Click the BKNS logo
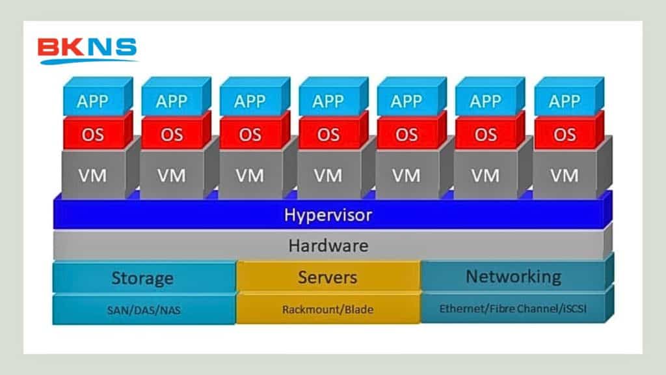pyautogui.click(x=87, y=50)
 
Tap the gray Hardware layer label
pyautogui.click(x=328, y=245)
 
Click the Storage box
pyautogui.click(x=143, y=278)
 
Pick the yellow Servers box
pyautogui.click(x=327, y=277)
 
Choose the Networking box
pyautogui.click(x=513, y=276)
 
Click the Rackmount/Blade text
pyautogui.click(x=327, y=309)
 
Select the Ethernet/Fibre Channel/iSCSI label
pyautogui.click(x=513, y=309)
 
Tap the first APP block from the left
pyautogui.click(x=93, y=102)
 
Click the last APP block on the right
pyautogui.click(x=564, y=102)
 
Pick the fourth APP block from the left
pyautogui.click(x=328, y=102)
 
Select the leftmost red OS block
pyautogui.click(x=93, y=135)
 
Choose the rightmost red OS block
pyautogui.click(x=564, y=135)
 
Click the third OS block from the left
pyautogui.click(x=250, y=135)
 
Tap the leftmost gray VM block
pyautogui.click(x=93, y=175)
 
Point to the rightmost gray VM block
pyautogui.click(x=564, y=175)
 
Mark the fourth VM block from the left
pyautogui.click(x=328, y=175)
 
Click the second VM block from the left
pyautogui.click(x=171, y=175)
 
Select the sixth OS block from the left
pyautogui.click(x=485, y=135)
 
